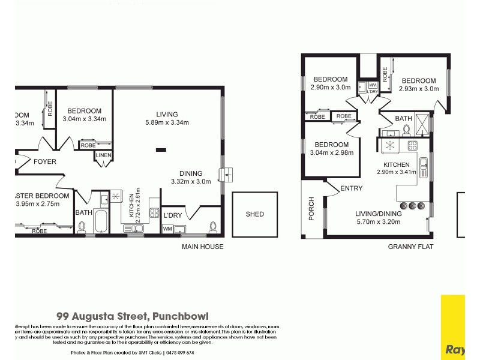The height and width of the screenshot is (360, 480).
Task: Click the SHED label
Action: (x=254, y=214)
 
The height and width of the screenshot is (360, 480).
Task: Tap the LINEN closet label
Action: (x=103, y=156)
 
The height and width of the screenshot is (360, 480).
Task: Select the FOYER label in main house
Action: (x=44, y=161)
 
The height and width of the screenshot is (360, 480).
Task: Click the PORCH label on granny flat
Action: (x=311, y=208)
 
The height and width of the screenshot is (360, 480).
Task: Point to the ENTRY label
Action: (x=351, y=188)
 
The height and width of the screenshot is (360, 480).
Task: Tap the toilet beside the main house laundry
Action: (x=212, y=227)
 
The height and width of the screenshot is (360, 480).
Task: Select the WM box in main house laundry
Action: (x=167, y=229)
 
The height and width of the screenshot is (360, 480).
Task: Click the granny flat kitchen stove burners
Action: (x=413, y=145)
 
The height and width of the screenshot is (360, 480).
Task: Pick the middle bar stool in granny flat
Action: (x=412, y=206)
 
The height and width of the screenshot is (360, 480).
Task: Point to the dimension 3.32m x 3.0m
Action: (x=191, y=181)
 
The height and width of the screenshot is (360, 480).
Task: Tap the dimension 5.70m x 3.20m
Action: (x=377, y=222)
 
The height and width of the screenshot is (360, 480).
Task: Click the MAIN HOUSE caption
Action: (x=203, y=247)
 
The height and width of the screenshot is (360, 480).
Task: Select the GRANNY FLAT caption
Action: (x=410, y=247)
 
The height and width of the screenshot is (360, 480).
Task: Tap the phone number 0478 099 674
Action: (x=179, y=353)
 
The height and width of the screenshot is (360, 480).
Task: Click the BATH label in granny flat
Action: (x=403, y=118)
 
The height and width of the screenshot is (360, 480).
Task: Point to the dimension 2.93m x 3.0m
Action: (x=418, y=89)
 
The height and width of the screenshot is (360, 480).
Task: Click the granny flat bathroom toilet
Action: (x=407, y=128)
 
